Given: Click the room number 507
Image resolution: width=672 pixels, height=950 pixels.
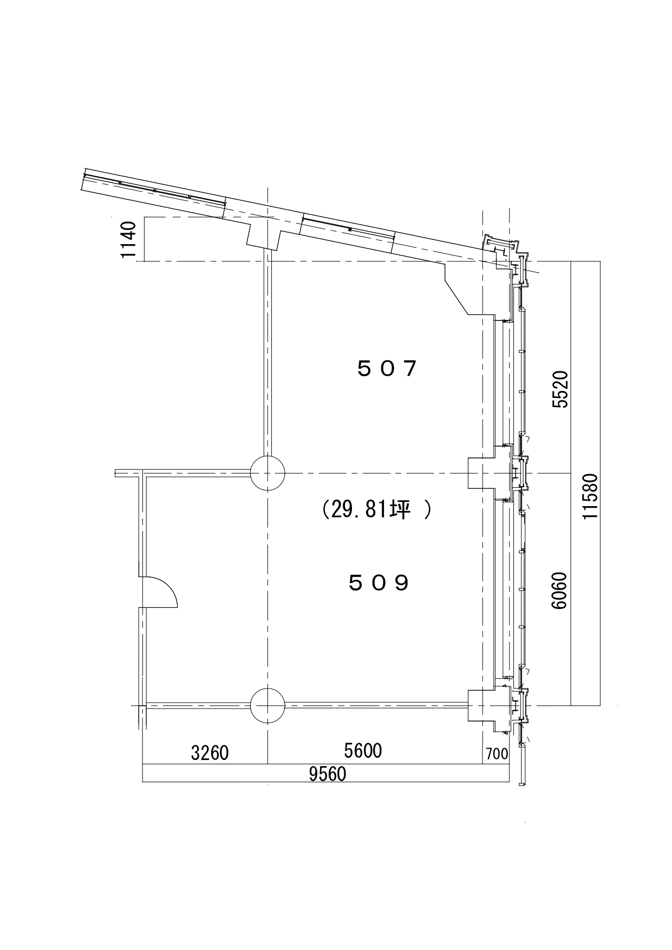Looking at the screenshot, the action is click(387, 369).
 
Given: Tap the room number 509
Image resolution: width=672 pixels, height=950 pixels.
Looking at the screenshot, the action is click(379, 583).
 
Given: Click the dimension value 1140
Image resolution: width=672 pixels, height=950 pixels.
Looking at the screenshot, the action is click(129, 240).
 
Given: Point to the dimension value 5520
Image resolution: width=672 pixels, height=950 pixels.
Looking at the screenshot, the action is click(560, 389).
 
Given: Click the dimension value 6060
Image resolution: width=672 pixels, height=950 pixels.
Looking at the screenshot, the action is click(560, 590).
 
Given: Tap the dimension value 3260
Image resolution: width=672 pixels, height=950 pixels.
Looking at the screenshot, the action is click(210, 752).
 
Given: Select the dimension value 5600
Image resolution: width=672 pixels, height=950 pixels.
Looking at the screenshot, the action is click(363, 750).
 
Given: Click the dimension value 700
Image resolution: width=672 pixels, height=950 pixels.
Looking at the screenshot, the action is click(497, 753).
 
